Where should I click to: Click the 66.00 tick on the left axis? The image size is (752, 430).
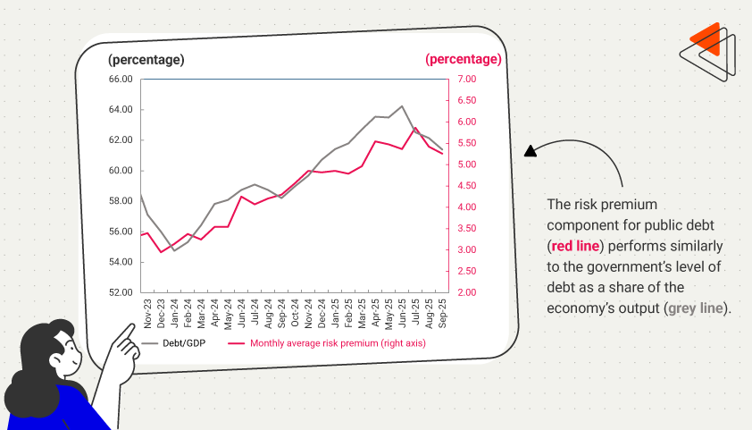121,79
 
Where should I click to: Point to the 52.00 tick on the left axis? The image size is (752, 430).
121,292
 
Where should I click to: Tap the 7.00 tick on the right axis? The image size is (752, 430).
468,79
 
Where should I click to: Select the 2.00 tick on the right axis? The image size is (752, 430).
468,292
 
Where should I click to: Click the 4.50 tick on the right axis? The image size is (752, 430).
468,186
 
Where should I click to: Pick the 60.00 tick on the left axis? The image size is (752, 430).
121,171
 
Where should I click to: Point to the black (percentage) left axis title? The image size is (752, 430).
146,60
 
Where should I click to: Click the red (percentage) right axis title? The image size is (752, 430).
464,59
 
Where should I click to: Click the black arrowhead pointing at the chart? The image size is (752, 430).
530,151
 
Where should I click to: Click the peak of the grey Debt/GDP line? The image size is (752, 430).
402,105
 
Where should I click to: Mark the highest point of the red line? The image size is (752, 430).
415,128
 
